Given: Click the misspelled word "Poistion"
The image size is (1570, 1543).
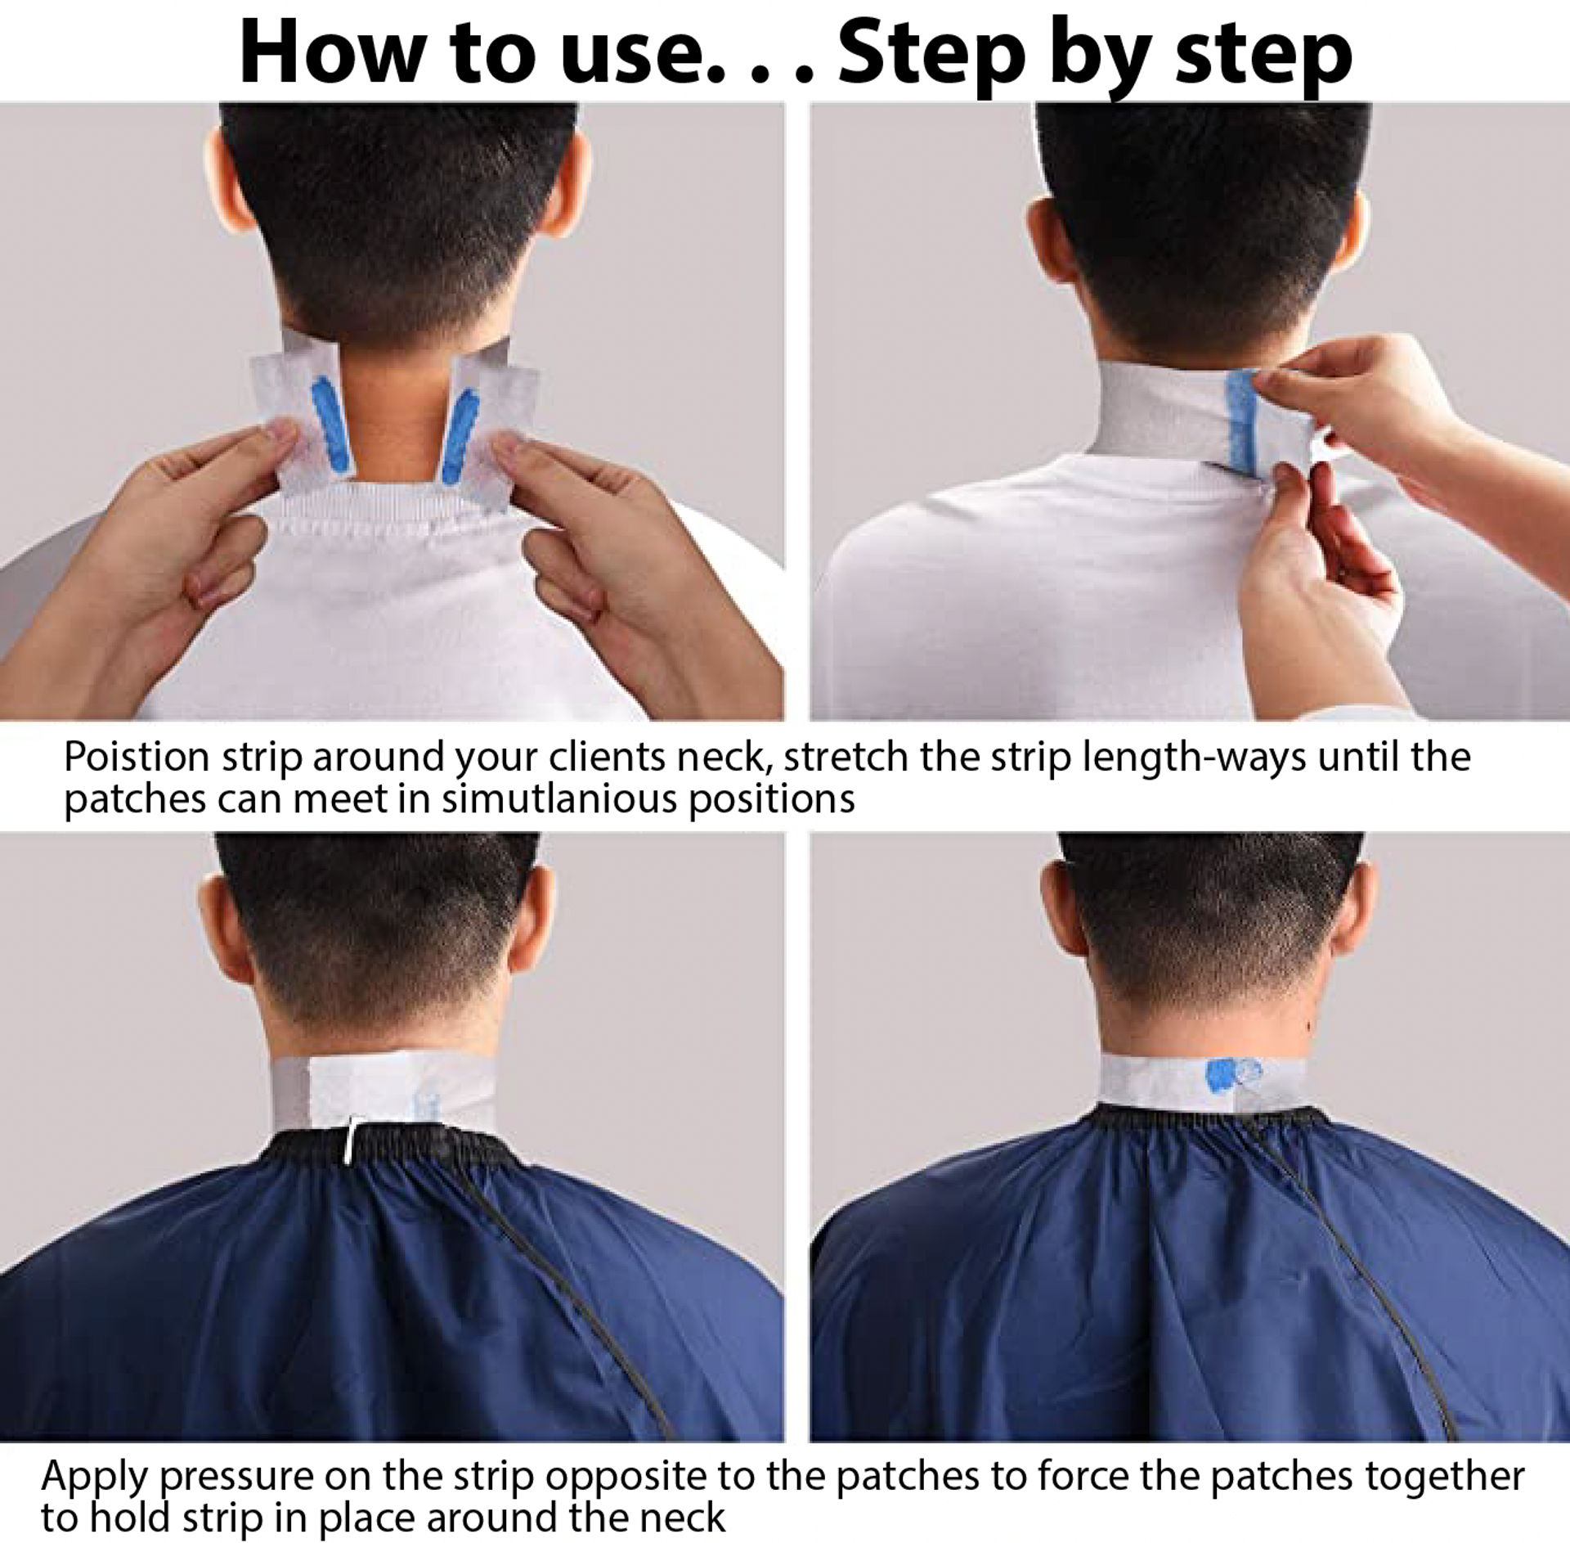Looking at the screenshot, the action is point(137,757).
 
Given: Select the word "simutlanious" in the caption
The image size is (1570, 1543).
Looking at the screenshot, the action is point(559,799).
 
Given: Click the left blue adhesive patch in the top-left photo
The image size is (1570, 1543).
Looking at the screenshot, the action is point(330,426).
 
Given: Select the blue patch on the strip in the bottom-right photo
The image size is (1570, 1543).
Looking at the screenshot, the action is point(1222,1073).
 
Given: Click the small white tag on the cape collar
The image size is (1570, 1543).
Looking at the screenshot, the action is point(349,1138).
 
